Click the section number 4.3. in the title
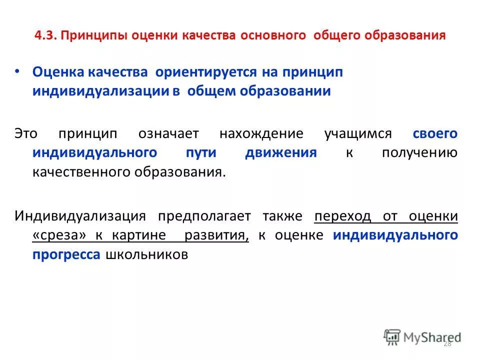pyautogui.click(x=46, y=36)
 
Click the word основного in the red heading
pyautogui.click(x=273, y=36)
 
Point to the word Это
pyautogui.click(x=25, y=134)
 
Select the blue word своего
pyautogui.click(x=435, y=134)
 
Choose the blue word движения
pyautogui.click(x=281, y=153)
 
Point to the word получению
pyautogui.click(x=419, y=153)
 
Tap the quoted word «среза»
pyautogui.click(x=56, y=235)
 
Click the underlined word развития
pyautogui.click(x=216, y=235)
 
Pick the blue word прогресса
pyautogui.click(x=67, y=254)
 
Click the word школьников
pyautogui.click(x=146, y=254)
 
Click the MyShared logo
pyautogui.click(x=422, y=337)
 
